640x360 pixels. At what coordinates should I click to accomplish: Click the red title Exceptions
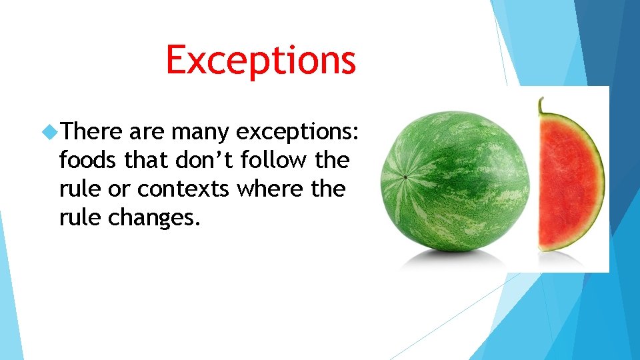coord(261,59)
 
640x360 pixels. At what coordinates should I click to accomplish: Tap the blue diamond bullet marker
coord(49,133)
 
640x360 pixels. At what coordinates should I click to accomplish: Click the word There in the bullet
coord(91,132)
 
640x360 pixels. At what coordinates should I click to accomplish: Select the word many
coord(200,132)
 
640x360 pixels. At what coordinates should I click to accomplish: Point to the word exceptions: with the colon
coord(299,133)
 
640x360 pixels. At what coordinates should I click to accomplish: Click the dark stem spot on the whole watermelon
coord(405,177)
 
